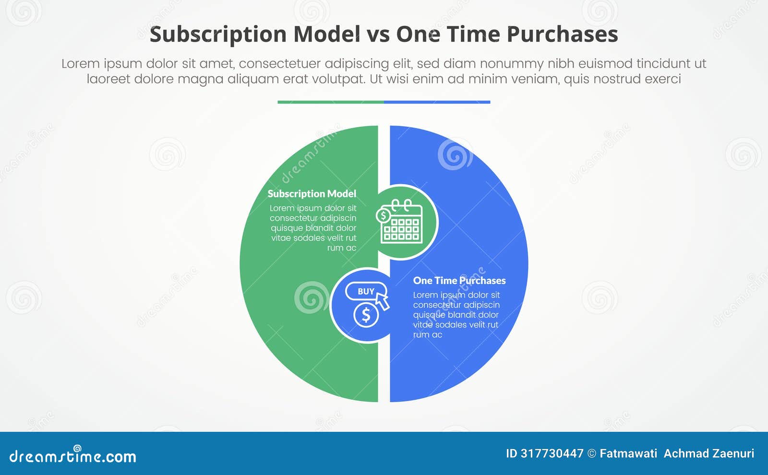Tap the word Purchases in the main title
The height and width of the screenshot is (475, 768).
(562, 35)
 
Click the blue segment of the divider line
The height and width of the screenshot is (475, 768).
(437, 102)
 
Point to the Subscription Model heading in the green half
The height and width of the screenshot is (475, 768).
(312, 194)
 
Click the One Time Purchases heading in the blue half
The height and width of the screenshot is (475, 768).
(459, 281)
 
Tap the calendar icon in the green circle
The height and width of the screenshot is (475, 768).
(402, 224)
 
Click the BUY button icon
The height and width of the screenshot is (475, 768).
(366, 291)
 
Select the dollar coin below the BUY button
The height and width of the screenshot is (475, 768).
(366, 315)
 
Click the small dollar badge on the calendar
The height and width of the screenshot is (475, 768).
(384, 215)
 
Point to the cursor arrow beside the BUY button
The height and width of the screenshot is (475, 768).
(383, 301)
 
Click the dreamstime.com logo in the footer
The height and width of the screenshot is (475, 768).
(73, 456)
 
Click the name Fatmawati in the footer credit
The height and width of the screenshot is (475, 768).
(628, 453)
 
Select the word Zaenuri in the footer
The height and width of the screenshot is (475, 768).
(733, 453)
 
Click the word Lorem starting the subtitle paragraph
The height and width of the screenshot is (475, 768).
(80, 64)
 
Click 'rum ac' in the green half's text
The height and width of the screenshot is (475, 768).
(341, 248)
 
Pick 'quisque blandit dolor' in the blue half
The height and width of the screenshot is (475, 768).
(456, 315)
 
